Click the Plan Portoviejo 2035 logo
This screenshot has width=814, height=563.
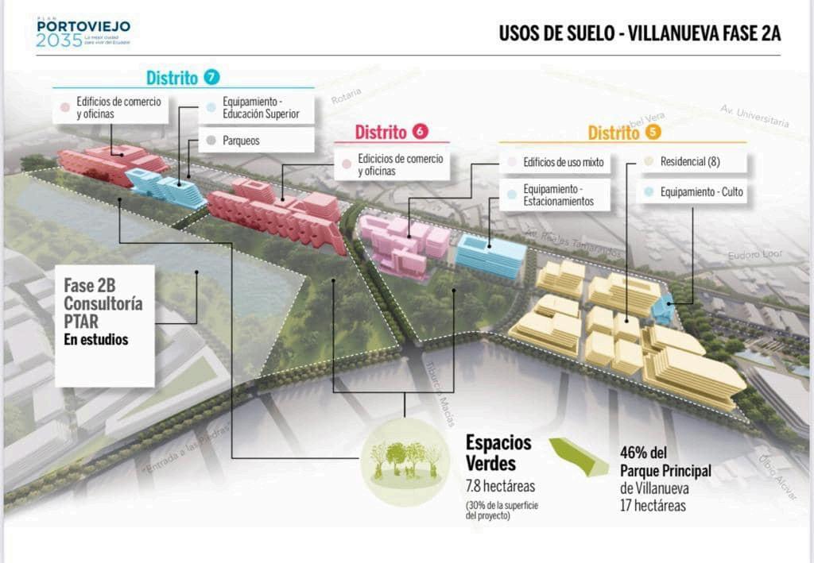(x=83, y=33)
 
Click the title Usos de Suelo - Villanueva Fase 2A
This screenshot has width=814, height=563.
(x=640, y=33)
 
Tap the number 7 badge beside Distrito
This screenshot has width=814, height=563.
(x=211, y=77)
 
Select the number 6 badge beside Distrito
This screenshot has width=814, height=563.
(x=421, y=132)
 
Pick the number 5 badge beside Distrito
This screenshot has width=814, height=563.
(x=653, y=133)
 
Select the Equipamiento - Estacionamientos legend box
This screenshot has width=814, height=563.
(x=556, y=195)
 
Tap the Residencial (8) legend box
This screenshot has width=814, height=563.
(x=692, y=161)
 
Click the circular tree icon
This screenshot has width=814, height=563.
(x=405, y=461)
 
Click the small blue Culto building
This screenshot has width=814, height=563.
(x=663, y=309)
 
